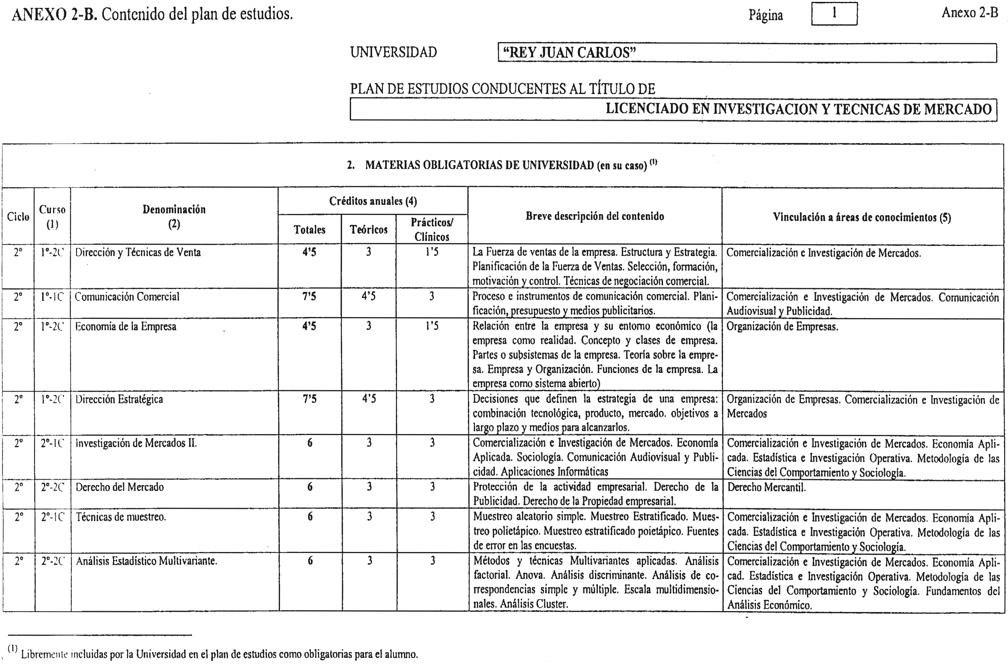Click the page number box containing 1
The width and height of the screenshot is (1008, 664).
point(834,13)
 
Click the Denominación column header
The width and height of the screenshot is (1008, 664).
point(174,216)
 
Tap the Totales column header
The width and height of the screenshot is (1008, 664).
point(310,230)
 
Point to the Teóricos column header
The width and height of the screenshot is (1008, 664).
point(369,230)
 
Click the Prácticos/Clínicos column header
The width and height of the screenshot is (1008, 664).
point(432,229)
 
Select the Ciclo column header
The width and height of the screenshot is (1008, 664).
point(18,217)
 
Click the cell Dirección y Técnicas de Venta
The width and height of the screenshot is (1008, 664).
point(138,253)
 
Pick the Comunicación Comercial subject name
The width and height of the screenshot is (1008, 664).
point(127,297)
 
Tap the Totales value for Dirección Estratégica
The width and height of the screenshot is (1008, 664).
point(310,399)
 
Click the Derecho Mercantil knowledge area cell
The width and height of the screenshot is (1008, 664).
point(766,487)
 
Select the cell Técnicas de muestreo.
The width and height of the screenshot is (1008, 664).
point(121,517)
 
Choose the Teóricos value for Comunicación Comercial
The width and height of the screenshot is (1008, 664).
point(369,296)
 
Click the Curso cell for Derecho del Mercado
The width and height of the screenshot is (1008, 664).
point(52,487)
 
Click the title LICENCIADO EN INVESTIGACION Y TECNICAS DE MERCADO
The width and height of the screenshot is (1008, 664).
point(798,109)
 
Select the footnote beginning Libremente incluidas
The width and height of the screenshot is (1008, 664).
point(219,654)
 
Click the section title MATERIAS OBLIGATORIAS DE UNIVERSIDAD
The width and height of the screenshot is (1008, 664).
point(506,165)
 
